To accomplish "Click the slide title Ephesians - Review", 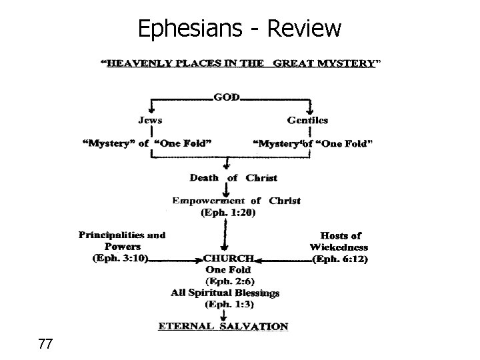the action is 239,28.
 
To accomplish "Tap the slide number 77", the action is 46,344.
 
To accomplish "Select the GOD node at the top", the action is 225,97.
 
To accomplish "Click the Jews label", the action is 151,120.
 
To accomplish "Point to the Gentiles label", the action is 307,120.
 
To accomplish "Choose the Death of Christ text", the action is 233,178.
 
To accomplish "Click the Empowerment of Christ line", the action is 236,200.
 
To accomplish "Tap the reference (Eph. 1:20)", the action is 228,213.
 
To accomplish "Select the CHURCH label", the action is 229,258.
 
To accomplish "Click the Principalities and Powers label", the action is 121,241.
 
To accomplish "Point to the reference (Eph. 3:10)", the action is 120,258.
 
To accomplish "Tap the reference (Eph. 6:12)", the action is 340,258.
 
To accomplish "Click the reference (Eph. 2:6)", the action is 229,281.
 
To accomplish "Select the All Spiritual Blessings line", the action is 225,292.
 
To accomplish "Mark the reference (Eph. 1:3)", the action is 228,303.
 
